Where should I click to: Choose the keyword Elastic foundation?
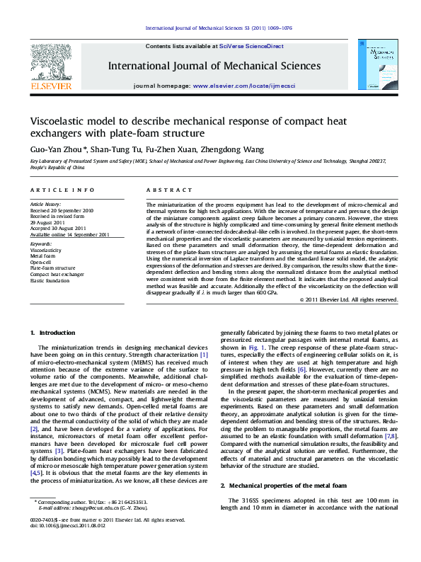click(x=50, y=280)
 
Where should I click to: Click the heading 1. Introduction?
click(x=52, y=333)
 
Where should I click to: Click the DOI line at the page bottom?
click(x=66, y=546)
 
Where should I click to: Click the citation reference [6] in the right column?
click(x=282, y=369)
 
